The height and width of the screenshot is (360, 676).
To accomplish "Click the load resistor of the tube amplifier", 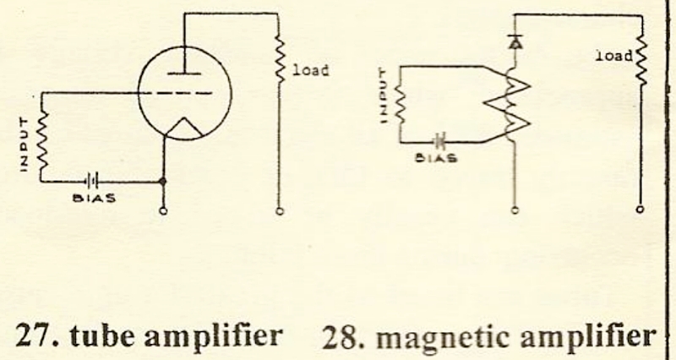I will [279, 59].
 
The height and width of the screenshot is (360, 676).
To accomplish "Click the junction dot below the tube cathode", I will [163, 181].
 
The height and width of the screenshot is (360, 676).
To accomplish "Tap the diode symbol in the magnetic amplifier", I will [515, 39].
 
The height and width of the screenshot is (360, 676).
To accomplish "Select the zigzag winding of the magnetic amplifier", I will [510, 102].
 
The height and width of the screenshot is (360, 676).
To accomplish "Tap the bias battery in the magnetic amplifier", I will [439, 141].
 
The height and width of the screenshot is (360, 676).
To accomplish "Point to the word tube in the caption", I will [95, 335].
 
